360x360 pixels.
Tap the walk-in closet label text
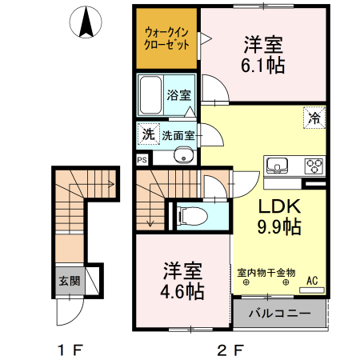point(165,38)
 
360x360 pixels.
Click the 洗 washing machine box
point(147,134)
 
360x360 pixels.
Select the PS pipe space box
point(142,159)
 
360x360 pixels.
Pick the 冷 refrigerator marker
point(315,118)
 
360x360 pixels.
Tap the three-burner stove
point(313,166)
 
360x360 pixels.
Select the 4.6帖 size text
point(183,290)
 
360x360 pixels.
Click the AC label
point(314,281)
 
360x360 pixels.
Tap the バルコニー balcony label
point(278,311)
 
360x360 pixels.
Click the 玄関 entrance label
point(69,281)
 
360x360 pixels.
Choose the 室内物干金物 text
point(266,273)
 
